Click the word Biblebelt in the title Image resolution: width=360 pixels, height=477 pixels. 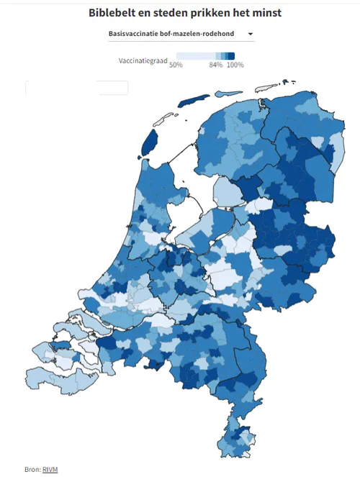pyautogui.click(x=116, y=12)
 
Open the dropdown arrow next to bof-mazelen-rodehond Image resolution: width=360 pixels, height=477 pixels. pyautogui.click(x=250, y=34)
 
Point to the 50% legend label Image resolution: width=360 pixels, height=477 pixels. pyautogui.click(x=175, y=65)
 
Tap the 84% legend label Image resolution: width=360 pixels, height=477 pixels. pyautogui.click(x=215, y=65)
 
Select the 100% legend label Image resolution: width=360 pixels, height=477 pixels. pyautogui.click(x=235, y=65)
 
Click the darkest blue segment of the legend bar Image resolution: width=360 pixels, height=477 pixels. pyautogui.click(x=231, y=56)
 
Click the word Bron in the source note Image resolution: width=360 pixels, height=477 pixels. pyautogui.click(x=32, y=468)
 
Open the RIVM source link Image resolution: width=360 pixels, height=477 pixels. pyautogui.click(x=50, y=468)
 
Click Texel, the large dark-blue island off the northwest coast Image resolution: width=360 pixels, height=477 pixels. pyautogui.click(x=150, y=143)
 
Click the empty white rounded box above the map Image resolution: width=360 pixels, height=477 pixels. pyautogui.click(x=76, y=88)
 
